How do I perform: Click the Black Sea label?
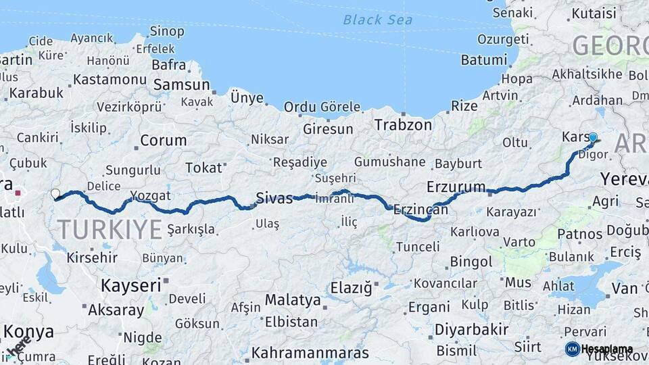(377, 20)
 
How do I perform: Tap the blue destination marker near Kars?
(593, 138)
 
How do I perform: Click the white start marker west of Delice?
(55, 195)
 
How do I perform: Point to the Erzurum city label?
(456, 187)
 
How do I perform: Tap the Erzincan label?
(420, 210)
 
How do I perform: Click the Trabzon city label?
(403, 125)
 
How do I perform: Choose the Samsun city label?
(181, 85)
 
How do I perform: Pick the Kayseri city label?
(131, 285)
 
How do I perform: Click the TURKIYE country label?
(109, 230)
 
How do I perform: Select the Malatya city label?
(293, 299)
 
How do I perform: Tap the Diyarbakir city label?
(471, 330)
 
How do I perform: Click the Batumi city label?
(483, 60)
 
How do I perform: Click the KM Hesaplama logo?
(599, 349)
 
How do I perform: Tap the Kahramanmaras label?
(310, 353)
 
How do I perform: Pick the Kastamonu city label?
(110, 80)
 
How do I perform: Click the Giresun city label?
(328, 128)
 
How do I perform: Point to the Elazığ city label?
(351, 289)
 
